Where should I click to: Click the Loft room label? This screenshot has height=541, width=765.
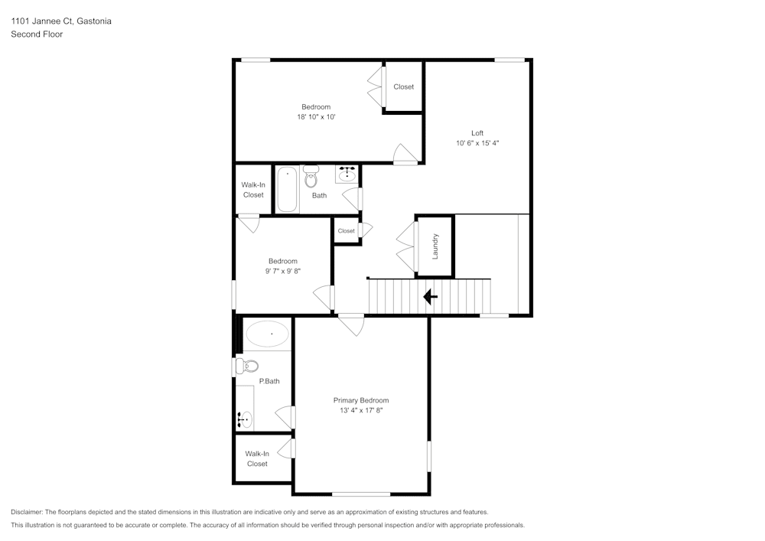pyautogui.click(x=477, y=133)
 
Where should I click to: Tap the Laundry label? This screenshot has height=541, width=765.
pyautogui.click(x=435, y=246)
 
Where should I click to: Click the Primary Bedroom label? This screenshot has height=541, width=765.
pyautogui.click(x=361, y=400)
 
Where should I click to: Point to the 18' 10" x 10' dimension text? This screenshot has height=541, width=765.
pyautogui.click(x=316, y=117)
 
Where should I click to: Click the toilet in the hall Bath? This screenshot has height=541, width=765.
pyautogui.click(x=311, y=177)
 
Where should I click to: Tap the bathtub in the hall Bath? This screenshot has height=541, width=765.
pyautogui.click(x=288, y=190)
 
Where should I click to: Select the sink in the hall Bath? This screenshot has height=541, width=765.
pyautogui.click(x=347, y=174)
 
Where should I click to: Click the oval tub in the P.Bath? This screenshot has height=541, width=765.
pyautogui.click(x=267, y=334)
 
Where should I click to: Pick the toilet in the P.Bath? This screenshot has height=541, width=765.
pyautogui.click(x=247, y=366)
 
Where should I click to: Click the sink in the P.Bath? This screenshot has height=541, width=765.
pyautogui.click(x=245, y=419)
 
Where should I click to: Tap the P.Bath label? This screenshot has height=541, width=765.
pyautogui.click(x=269, y=382)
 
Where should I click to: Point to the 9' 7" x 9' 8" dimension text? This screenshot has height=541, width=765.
pyautogui.click(x=283, y=271)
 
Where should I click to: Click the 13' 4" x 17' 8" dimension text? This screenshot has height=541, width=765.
pyautogui.click(x=361, y=411)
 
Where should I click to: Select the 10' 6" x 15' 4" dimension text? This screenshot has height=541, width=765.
pyautogui.click(x=477, y=143)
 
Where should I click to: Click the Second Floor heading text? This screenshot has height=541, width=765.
pyautogui.click(x=37, y=34)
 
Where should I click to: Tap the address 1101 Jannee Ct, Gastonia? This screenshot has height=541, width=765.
pyautogui.click(x=61, y=21)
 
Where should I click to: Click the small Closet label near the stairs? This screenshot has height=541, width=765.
pyautogui.click(x=347, y=231)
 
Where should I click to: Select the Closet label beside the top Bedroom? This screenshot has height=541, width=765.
pyautogui.click(x=403, y=86)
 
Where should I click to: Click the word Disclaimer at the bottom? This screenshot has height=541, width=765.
pyautogui.click(x=27, y=512)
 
